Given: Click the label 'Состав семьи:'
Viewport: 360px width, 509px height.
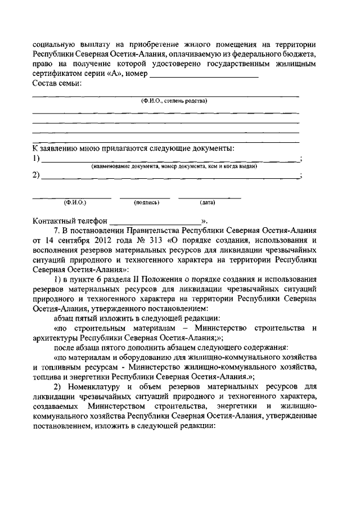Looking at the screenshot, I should [57, 84].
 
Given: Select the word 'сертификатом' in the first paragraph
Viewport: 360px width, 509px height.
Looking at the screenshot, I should [58, 74].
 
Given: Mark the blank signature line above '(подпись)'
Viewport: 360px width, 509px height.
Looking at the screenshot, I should [145, 197].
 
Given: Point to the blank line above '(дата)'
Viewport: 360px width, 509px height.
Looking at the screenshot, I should [209, 197].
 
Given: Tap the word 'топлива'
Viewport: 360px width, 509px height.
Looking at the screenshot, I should [47, 375].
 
